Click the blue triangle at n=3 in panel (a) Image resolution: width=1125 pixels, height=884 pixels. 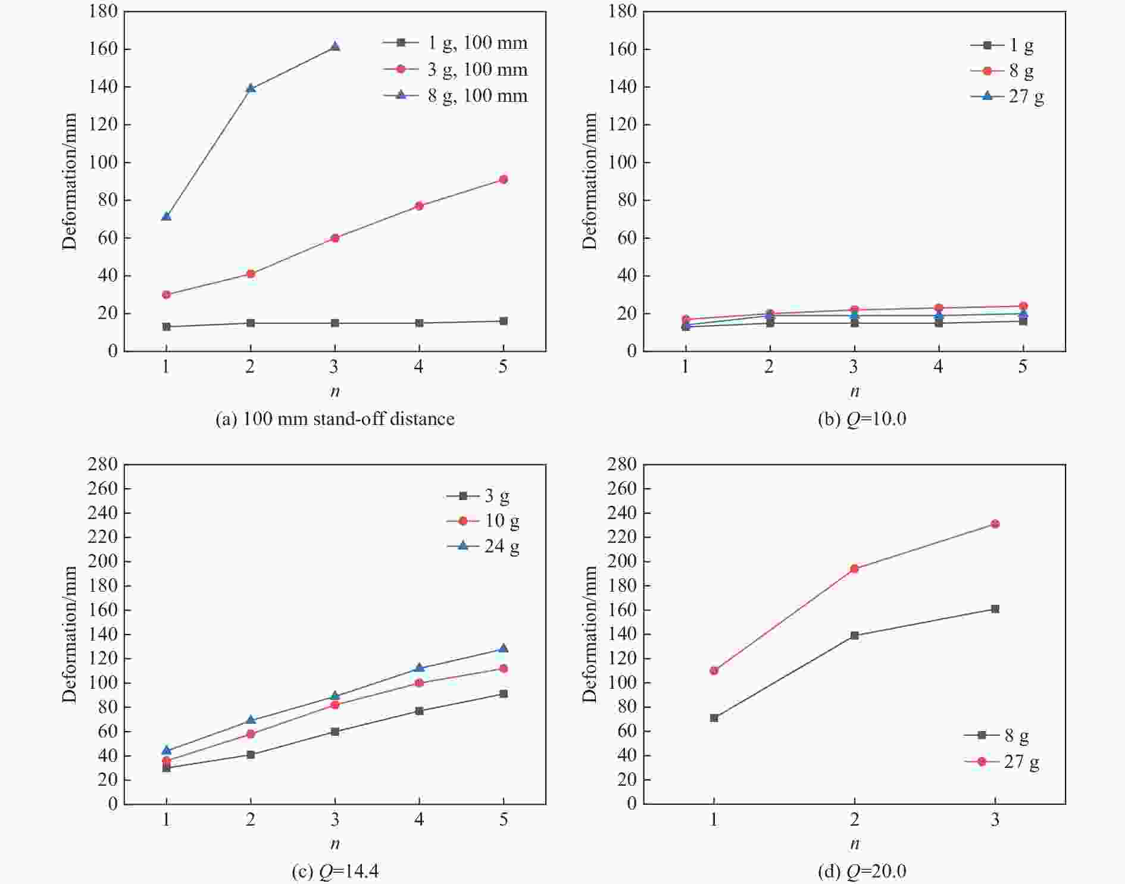335,46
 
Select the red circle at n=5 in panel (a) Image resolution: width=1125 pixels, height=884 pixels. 504,179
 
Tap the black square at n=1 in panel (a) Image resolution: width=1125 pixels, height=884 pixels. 166,327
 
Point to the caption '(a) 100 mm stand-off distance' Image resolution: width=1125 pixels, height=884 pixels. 335,419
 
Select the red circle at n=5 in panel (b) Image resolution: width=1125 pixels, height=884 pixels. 1023,306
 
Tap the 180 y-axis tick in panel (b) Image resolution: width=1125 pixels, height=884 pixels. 623,11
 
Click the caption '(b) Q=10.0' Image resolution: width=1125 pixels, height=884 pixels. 862,419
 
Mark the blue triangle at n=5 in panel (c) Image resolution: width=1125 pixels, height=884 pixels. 504,648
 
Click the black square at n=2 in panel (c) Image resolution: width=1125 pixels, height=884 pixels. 251,755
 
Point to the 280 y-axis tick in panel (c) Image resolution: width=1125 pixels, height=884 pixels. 103,464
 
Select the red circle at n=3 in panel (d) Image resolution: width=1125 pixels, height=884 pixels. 995,524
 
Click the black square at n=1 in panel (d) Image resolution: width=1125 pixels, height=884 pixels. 714,718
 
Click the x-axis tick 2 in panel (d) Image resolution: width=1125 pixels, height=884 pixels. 854,820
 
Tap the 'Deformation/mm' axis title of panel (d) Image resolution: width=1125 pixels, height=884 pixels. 589,634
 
